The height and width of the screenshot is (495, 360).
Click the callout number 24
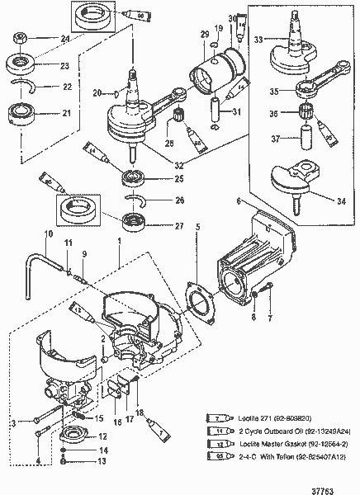(x=43, y=38)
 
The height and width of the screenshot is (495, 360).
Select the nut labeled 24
(x=18, y=38)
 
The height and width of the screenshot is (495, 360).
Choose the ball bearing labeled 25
(x=131, y=178)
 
